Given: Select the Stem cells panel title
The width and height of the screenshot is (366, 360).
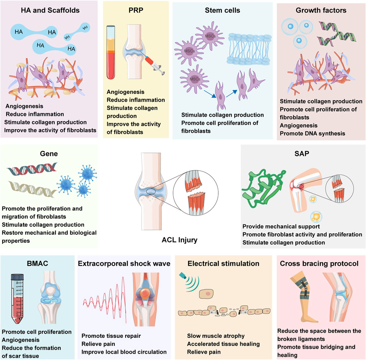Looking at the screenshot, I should pyautogui.click(x=223, y=10).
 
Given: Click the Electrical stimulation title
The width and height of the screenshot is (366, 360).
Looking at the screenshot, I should pyautogui.click(x=223, y=263).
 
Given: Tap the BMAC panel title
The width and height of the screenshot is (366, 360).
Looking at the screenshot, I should pyautogui.click(x=35, y=263).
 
